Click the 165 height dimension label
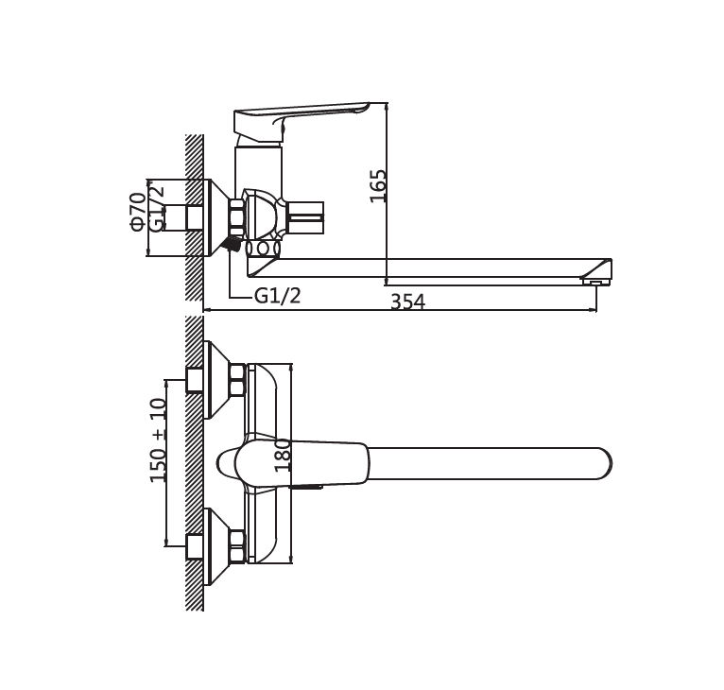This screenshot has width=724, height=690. click(x=378, y=185)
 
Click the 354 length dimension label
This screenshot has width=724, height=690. click(x=407, y=302)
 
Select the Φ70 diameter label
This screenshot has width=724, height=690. click(x=138, y=212)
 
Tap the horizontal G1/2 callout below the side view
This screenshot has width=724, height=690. click(x=277, y=295)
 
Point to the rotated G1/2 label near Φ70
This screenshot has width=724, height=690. click(x=157, y=207)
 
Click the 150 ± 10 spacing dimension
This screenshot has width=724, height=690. click(x=158, y=440)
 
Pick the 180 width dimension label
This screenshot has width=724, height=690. click(x=283, y=455)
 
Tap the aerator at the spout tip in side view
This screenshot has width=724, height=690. click(x=595, y=281)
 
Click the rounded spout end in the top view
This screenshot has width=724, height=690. click(x=603, y=464)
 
